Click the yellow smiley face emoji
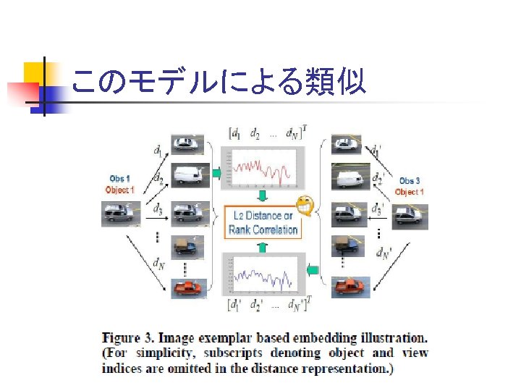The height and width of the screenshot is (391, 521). (306, 207)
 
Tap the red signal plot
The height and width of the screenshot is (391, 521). (263, 168)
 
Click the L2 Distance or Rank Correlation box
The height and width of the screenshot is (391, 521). (263, 222)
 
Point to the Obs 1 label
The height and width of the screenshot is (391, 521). (120, 178)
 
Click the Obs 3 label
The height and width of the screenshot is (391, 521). (410, 180)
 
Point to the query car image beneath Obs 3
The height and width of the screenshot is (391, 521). (408, 216)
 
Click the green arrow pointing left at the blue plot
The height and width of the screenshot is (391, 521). (313, 271)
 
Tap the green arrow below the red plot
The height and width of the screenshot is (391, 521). (263, 196)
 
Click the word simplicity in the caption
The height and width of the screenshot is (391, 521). (155, 353)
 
